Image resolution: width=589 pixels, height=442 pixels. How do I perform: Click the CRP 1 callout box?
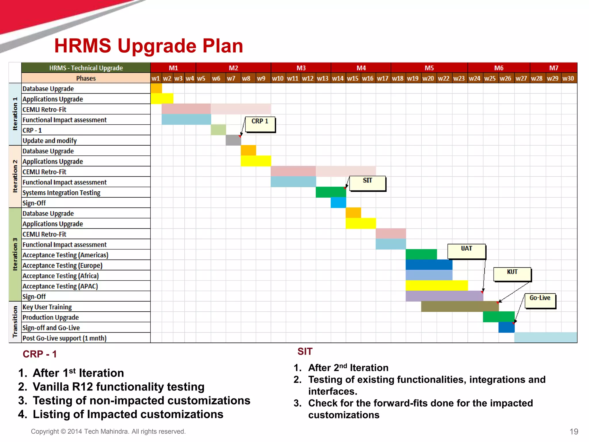point(260,124)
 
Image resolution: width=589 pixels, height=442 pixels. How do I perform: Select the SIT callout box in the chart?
point(367,184)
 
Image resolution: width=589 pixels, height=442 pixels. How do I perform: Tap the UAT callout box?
point(466,251)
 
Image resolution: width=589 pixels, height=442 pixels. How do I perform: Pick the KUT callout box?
point(512,274)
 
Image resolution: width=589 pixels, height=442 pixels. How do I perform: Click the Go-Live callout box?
point(540,301)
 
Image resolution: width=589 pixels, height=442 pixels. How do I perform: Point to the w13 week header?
point(323,78)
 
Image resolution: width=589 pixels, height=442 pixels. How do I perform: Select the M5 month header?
point(429,68)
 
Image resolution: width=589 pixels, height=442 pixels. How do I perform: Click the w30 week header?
point(568,78)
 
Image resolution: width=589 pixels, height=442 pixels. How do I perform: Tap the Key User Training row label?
point(47,307)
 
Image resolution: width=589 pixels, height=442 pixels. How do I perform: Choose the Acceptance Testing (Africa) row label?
point(61,276)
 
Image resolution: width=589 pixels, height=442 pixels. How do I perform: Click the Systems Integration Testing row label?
point(62,193)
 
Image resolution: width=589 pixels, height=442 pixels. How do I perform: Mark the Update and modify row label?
point(50,140)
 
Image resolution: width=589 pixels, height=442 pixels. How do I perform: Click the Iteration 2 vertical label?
point(15,176)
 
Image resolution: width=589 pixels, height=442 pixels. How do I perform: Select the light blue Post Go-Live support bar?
point(545,337)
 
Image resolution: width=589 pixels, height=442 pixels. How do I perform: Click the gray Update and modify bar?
point(233,140)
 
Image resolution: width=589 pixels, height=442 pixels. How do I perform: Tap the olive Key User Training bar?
point(460,306)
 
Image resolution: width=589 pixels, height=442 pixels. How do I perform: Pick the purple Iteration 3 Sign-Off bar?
point(444,296)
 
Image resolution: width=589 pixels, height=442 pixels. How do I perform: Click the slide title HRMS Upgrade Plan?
point(149,46)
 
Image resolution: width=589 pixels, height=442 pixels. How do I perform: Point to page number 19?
point(573,431)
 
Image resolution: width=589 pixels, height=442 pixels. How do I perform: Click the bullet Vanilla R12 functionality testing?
point(118,386)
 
